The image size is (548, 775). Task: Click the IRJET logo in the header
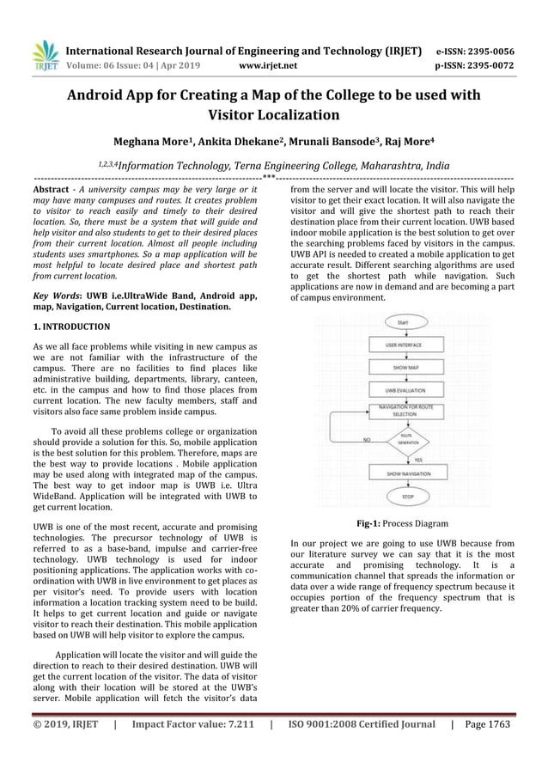point(44,55)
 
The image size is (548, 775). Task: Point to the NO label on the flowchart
point(367,439)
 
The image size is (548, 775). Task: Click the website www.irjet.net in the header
point(269,64)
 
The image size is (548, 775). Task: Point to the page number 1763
point(496,724)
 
